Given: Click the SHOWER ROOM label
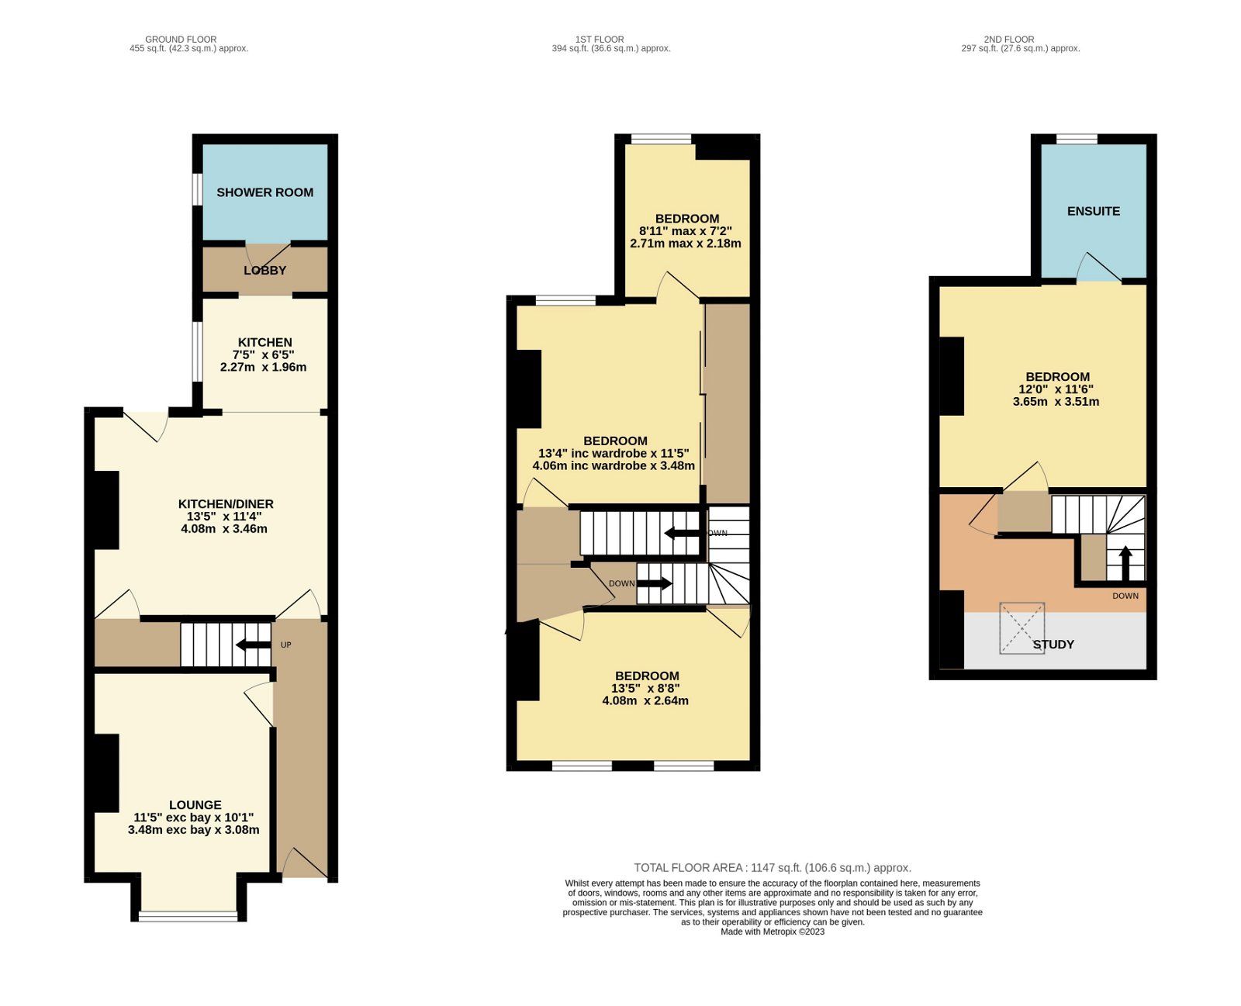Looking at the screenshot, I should pos(264,192).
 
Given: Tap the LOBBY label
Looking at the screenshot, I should pos(264,271).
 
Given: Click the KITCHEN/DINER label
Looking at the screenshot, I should pos(226,504).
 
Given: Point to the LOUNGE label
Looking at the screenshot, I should pos(195,805).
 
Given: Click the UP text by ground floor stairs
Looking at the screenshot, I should pos(285,645).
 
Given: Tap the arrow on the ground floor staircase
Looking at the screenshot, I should pos(254,645).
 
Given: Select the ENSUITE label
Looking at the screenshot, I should pos(1093,211).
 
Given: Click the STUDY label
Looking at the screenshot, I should pos(1053,645).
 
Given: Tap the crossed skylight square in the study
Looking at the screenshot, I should pos(1021,627).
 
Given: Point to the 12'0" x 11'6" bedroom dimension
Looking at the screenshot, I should pos(1056,389).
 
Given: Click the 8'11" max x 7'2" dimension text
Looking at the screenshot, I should pos(686,231).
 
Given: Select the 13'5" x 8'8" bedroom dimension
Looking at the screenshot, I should pos(646,689).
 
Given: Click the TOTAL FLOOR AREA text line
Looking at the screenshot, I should pos(773,868).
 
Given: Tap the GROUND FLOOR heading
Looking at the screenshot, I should pos(181,39).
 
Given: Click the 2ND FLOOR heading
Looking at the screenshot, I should pos(1008,39).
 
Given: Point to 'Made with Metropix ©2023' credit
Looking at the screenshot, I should pos(773,932).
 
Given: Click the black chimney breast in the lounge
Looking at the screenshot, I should pos(106,773).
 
